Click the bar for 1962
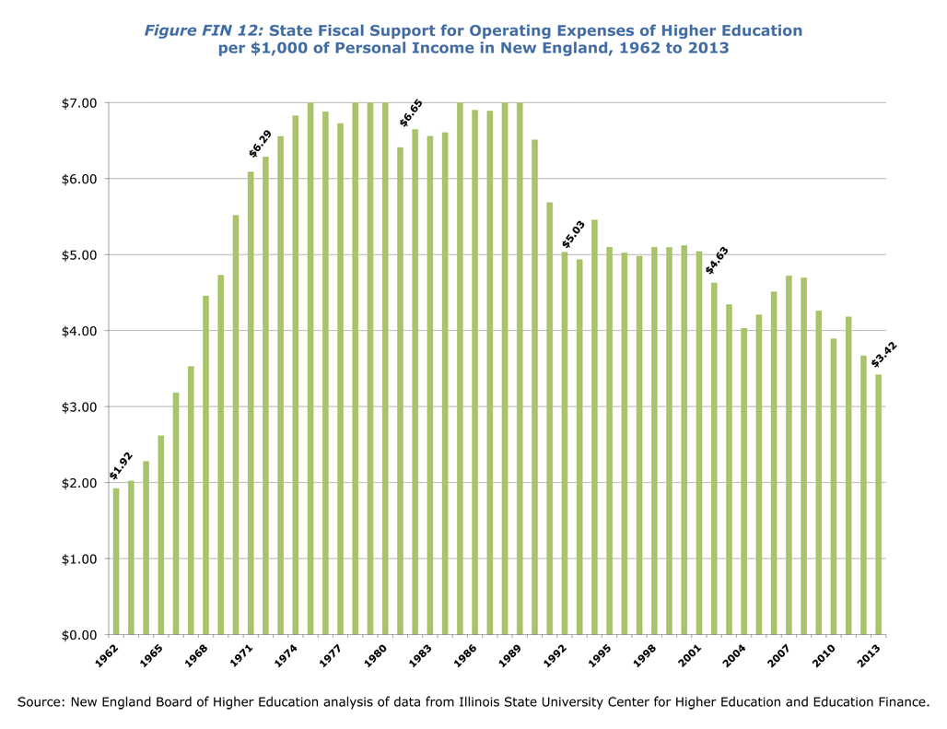point(116,561)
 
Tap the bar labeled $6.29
point(265,395)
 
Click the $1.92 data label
point(120,465)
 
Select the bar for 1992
point(565,443)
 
